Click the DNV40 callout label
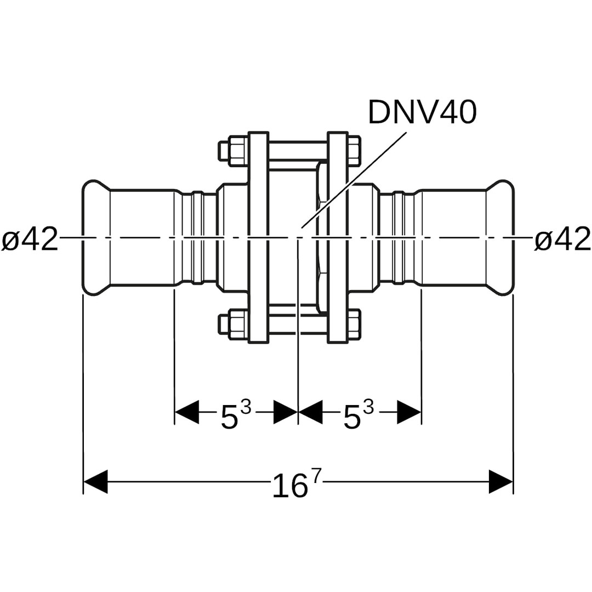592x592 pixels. pyautogui.click(x=422, y=112)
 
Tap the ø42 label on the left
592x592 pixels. pyautogui.click(x=30, y=240)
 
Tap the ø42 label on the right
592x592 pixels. pyautogui.click(x=562, y=240)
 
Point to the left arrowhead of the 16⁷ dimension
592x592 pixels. pyautogui.click(x=95, y=482)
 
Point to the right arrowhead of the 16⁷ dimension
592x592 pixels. pyautogui.click(x=501, y=482)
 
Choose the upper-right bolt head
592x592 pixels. pyautogui.click(x=354, y=151)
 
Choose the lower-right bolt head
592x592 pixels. pyautogui.click(x=354, y=324)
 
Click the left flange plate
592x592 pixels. pyautogui.click(x=258, y=237)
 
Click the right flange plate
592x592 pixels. pyautogui.click(x=338, y=237)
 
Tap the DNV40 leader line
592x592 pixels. pyautogui.click(x=356, y=178)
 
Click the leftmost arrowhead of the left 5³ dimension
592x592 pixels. pyautogui.click(x=186, y=412)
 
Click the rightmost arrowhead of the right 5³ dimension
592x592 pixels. pyautogui.click(x=409, y=412)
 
